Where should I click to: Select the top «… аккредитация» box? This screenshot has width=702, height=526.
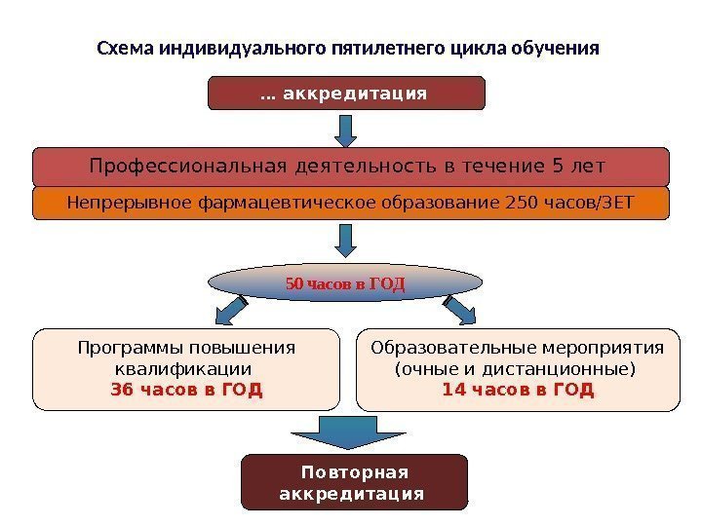point(347,94)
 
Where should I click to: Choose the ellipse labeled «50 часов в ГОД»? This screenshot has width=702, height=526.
point(346,283)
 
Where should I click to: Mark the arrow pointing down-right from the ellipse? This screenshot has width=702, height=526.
point(459,309)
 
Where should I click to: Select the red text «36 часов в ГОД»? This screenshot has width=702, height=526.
point(186,390)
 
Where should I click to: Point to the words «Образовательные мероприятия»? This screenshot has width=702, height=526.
point(518,349)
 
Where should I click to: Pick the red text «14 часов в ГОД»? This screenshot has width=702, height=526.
point(518,390)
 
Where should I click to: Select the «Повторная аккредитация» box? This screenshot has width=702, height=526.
point(353,482)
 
